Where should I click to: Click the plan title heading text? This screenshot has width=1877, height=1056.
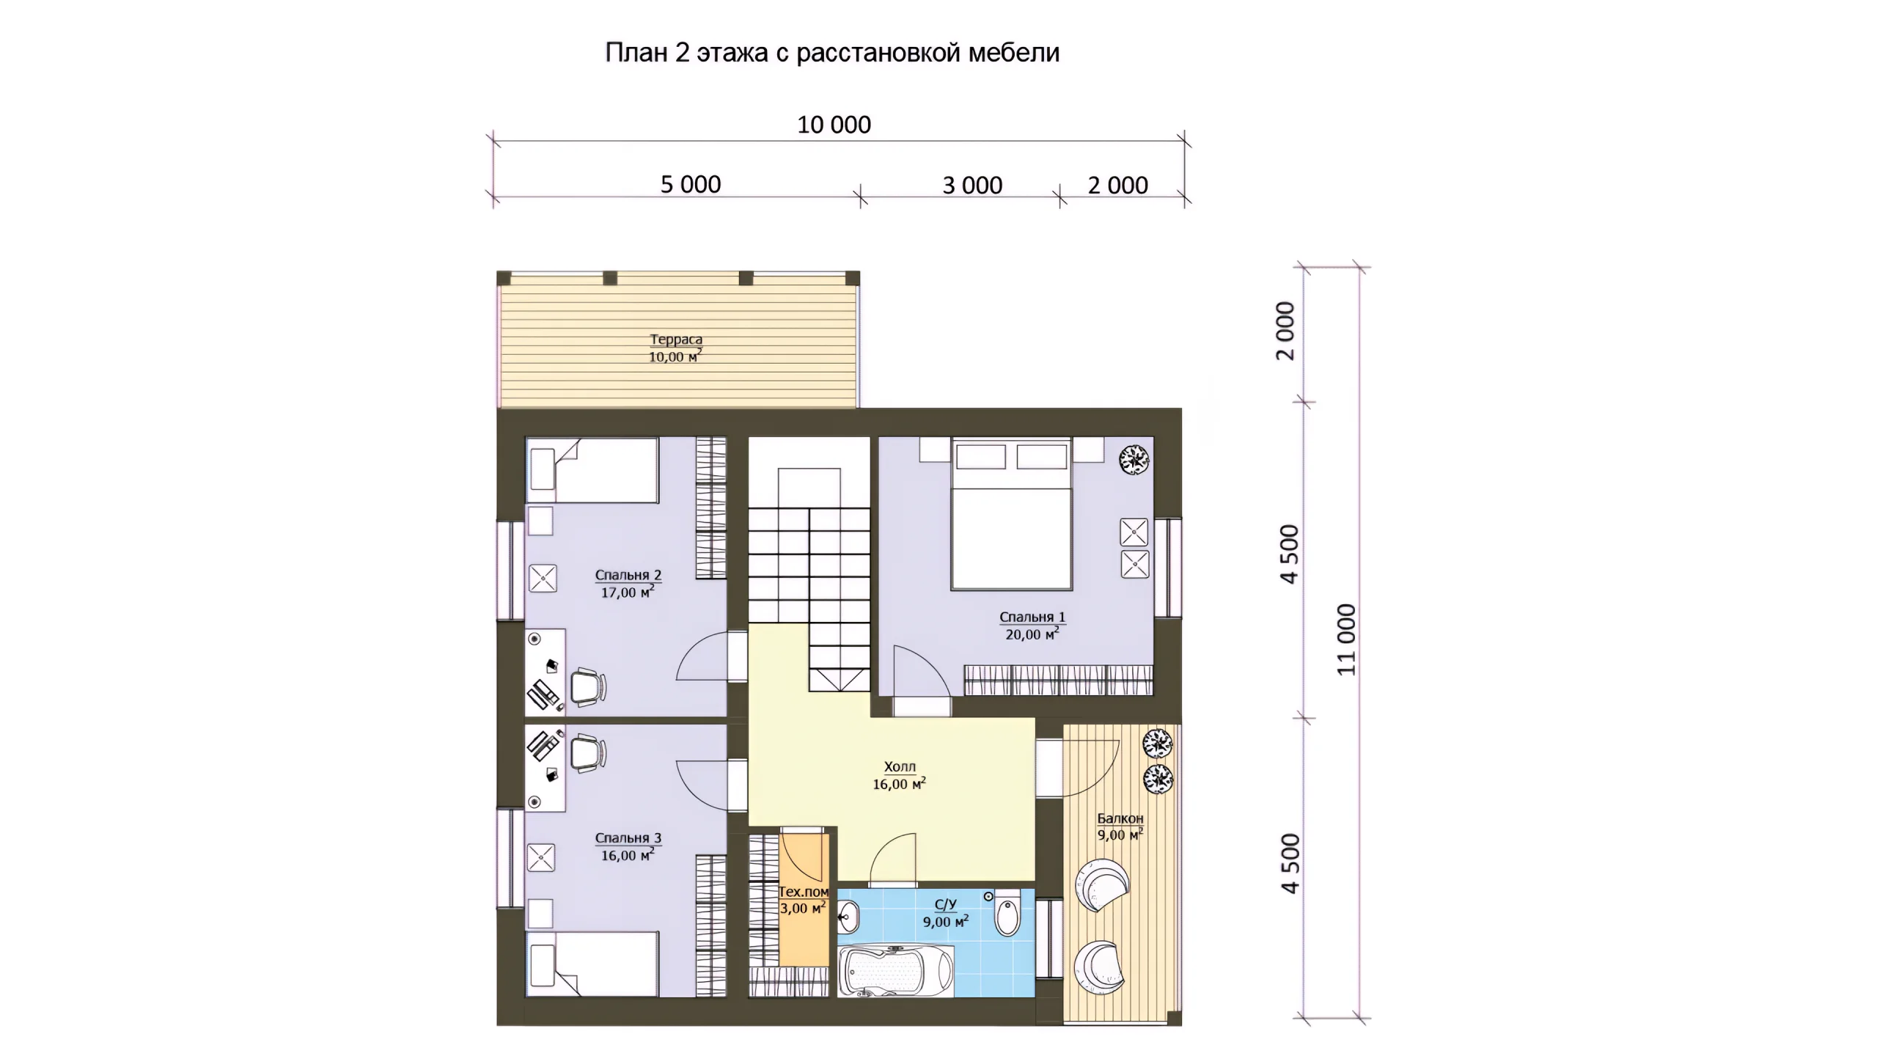tap(832, 53)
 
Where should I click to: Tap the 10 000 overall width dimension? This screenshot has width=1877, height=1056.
tap(834, 125)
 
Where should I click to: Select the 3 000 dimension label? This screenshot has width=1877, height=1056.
tap(972, 186)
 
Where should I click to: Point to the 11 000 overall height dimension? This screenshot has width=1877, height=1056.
tap(1347, 639)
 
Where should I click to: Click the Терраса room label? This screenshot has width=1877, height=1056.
tap(676, 340)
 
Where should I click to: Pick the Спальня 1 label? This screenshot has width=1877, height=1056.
tap(1032, 617)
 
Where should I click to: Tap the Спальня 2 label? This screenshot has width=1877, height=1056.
tap(628, 575)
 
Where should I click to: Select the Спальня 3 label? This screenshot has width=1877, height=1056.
tap(628, 837)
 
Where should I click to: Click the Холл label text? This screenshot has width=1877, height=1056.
tap(900, 767)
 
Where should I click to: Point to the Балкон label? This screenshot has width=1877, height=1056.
tap(1120, 818)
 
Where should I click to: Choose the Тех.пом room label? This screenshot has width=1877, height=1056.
tap(804, 892)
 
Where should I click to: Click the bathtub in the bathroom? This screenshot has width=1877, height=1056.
tap(895, 972)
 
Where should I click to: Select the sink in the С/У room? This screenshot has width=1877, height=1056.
tap(849, 914)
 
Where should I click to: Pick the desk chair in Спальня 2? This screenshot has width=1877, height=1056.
tap(588, 687)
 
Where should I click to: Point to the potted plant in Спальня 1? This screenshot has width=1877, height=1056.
tap(1134, 460)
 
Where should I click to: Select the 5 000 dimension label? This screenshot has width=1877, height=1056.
tap(691, 185)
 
